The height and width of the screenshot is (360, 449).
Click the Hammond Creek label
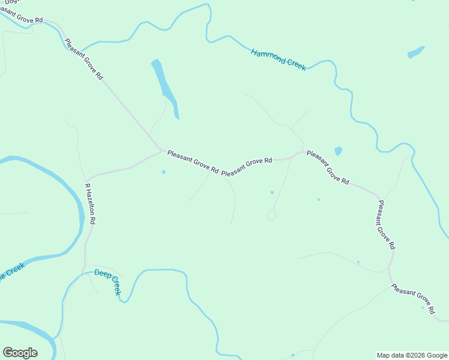(279, 60)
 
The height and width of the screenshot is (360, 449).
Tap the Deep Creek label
(108, 282)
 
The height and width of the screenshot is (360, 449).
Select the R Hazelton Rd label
(90, 204)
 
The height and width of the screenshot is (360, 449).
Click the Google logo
(20, 353)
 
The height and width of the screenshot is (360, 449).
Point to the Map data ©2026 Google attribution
(412, 355)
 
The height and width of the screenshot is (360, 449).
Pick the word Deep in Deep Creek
(102, 275)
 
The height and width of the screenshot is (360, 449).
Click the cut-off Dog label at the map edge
(9, 2)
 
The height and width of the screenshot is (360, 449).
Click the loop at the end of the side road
(271, 215)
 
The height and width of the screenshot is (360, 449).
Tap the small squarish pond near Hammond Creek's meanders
(338, 151)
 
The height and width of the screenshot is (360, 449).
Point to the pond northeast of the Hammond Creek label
(415, 52)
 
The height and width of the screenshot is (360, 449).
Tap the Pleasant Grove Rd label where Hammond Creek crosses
(83, 60)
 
